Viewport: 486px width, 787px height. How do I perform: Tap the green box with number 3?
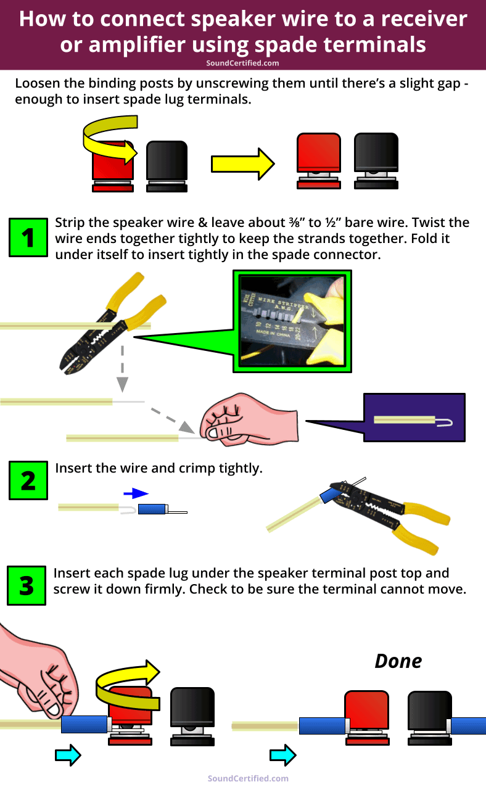point(27,585)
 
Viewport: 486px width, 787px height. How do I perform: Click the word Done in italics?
point(398,661)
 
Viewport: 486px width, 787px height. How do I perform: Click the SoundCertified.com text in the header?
point(242,63)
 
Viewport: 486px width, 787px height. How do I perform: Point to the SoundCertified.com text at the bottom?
point(248,778)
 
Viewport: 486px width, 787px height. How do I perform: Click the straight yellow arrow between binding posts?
point(242,163)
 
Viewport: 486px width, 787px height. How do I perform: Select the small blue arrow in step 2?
point(136,493)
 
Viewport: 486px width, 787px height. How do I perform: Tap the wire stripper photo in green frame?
point(292,321)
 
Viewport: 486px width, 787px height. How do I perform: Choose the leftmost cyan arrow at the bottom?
point(68,754)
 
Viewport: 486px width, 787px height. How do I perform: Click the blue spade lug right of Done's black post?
point(467,725)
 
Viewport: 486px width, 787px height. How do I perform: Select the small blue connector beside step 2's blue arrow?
point(152,509)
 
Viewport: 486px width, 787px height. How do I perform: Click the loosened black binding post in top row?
point(376,160)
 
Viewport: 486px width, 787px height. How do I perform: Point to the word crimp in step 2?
point(197,468)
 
